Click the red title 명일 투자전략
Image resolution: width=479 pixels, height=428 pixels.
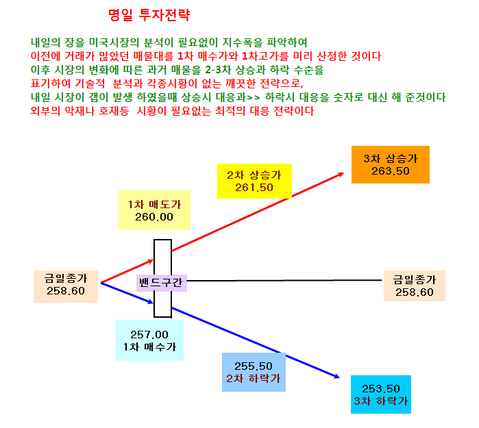click(x=149, y=15)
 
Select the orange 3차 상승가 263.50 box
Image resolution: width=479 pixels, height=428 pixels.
click(x=391, y=164)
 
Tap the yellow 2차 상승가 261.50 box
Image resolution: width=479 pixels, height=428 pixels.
click(x=254, y=181)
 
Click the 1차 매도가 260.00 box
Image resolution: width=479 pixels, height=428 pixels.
click(x=154, y=210)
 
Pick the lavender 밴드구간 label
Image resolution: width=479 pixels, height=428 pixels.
click(x=161, y=283)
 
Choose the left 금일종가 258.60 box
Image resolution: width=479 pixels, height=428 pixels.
click(x=66, y=286)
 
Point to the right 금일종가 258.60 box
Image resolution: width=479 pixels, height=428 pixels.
click(x=414, y=286)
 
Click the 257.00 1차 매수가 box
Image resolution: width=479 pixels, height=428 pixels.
click(x=149, y=340)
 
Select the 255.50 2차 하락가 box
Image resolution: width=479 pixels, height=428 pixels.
click(x=254, y=372)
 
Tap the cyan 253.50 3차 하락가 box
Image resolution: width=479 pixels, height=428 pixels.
click(x=380, y=394)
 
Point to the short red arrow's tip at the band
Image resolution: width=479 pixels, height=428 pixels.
click(x=153, y=260)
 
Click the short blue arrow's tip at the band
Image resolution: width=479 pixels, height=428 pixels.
click(x=153, y=303)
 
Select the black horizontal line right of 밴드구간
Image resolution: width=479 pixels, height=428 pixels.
click(x=284, y=280)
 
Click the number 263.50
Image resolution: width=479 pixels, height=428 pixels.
click(x=391, y=171)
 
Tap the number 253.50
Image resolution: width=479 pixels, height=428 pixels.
click(x=380, y=389)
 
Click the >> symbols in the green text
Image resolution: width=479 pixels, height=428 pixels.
click(x=254, y=98)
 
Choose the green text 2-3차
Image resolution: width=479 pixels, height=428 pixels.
click(x=218, y=70)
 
